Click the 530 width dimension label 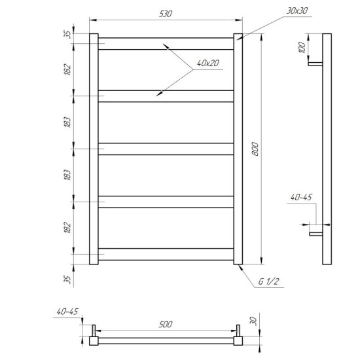166,14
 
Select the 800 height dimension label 255,149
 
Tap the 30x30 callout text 297,10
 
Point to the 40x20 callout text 208,63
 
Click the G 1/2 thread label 268,281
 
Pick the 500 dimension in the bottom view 166,325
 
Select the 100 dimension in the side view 302,48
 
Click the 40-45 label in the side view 301,197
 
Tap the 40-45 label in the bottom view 67,312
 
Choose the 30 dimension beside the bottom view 253,320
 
